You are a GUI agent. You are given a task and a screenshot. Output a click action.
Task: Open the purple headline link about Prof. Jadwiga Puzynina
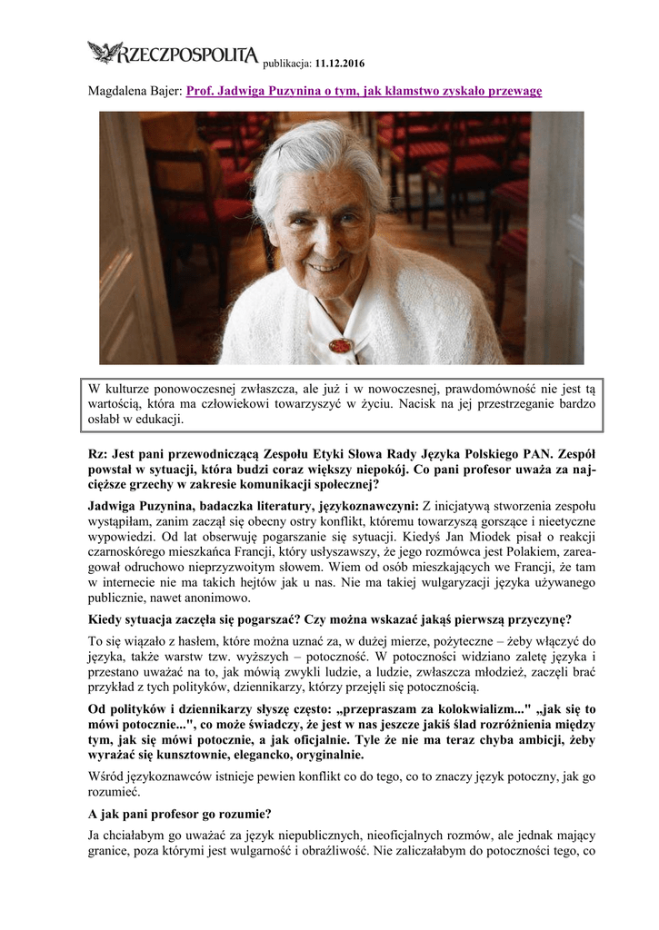click(364, 93)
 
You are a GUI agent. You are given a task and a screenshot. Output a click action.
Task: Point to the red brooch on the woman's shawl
click(341, 346)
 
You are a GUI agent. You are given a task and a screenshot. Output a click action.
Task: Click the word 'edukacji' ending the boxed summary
click(157, 420)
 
